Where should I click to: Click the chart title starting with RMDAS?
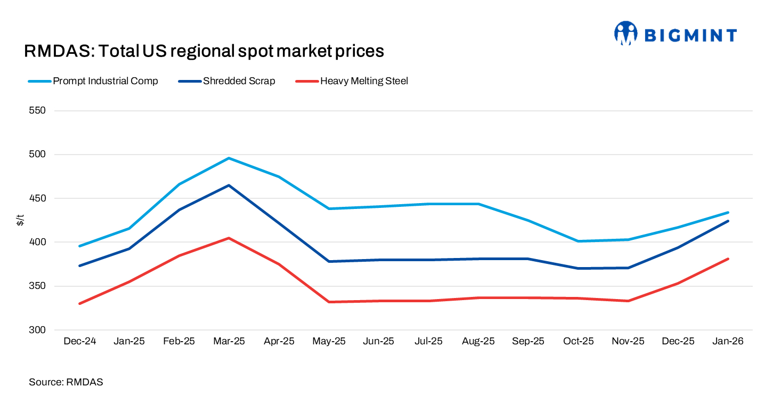[x=204, y=51]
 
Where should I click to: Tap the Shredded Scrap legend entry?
[x=239, y=81]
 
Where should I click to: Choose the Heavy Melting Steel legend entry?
[x=364, y=81]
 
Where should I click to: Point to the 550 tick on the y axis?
[x=38, y=111]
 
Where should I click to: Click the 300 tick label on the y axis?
[x=38, y=330]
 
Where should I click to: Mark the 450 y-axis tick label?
[x=38, y=198]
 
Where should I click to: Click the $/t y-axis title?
[x=20, y=220]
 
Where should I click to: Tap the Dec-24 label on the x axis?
[x=79, y=341]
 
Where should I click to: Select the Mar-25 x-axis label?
[x=229, y=341]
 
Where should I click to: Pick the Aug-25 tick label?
[x=478, y=341]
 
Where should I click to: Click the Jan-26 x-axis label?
[x=728, y=341]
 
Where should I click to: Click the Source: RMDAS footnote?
[x=66, y=382]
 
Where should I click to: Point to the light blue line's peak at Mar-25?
[x=229, y=158]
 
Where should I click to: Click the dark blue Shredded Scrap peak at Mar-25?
[x=229, y=185]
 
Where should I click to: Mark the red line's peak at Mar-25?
[x=229, y=238]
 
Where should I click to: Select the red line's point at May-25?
[x=329, y=302]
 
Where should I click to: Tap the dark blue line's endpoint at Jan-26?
[x=728, y=221]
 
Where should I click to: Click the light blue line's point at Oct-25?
[x=578, y=241]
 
